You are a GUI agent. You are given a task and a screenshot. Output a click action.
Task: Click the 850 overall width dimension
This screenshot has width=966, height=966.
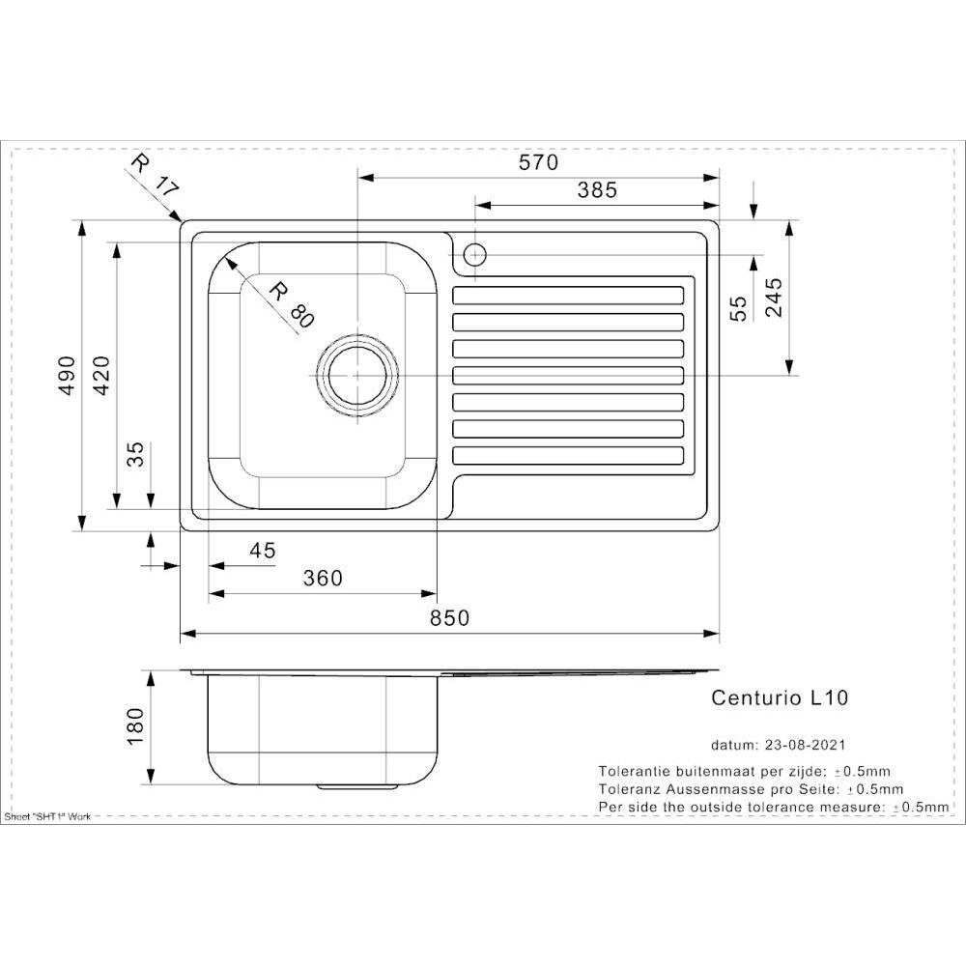click(x=449, y=618)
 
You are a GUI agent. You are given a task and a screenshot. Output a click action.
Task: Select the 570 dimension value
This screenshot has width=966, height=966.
click(x=538, y=162)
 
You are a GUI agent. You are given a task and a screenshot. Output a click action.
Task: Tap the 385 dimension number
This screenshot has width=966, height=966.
click(x=597, y=190)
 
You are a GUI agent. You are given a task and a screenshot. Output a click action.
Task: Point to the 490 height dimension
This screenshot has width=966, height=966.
click(x=67, y=375)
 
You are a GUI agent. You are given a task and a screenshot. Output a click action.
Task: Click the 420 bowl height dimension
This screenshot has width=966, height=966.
click(x=100, y=375)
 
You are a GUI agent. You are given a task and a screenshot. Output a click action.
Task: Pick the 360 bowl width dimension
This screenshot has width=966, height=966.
click(x=323, y=579)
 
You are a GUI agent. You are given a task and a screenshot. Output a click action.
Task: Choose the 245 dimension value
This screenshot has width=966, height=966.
click(x=774, y=298)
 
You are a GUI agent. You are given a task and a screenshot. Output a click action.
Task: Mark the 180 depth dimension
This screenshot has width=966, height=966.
click(x=134, y=726)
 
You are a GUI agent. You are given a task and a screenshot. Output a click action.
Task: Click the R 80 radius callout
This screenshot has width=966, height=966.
click(x=292, y=304)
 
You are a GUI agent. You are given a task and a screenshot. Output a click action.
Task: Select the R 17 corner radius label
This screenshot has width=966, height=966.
click(x=155, y=176)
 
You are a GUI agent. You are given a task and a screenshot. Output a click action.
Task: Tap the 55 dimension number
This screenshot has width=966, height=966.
click(x=738, y=308)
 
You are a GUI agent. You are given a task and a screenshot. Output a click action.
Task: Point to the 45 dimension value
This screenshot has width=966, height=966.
click(x=263, y=551)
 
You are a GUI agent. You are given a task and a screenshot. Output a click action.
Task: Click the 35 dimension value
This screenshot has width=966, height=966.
click(x=135, y=454)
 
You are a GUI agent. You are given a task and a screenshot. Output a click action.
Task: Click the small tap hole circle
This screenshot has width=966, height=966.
click(x=475, y=254)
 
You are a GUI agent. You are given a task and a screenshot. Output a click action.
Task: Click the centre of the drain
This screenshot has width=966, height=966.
click(x=357, y=375)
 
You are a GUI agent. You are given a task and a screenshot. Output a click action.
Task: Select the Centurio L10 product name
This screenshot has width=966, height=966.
click(x=780, y=697)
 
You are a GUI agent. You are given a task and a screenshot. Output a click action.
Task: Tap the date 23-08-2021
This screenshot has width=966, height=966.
click(x=806, y=745)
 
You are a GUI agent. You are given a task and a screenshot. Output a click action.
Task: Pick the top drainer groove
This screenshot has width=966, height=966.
click(x=568, y=296)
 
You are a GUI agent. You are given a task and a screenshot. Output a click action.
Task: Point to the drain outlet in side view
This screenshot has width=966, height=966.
click(x=357, y=786)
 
